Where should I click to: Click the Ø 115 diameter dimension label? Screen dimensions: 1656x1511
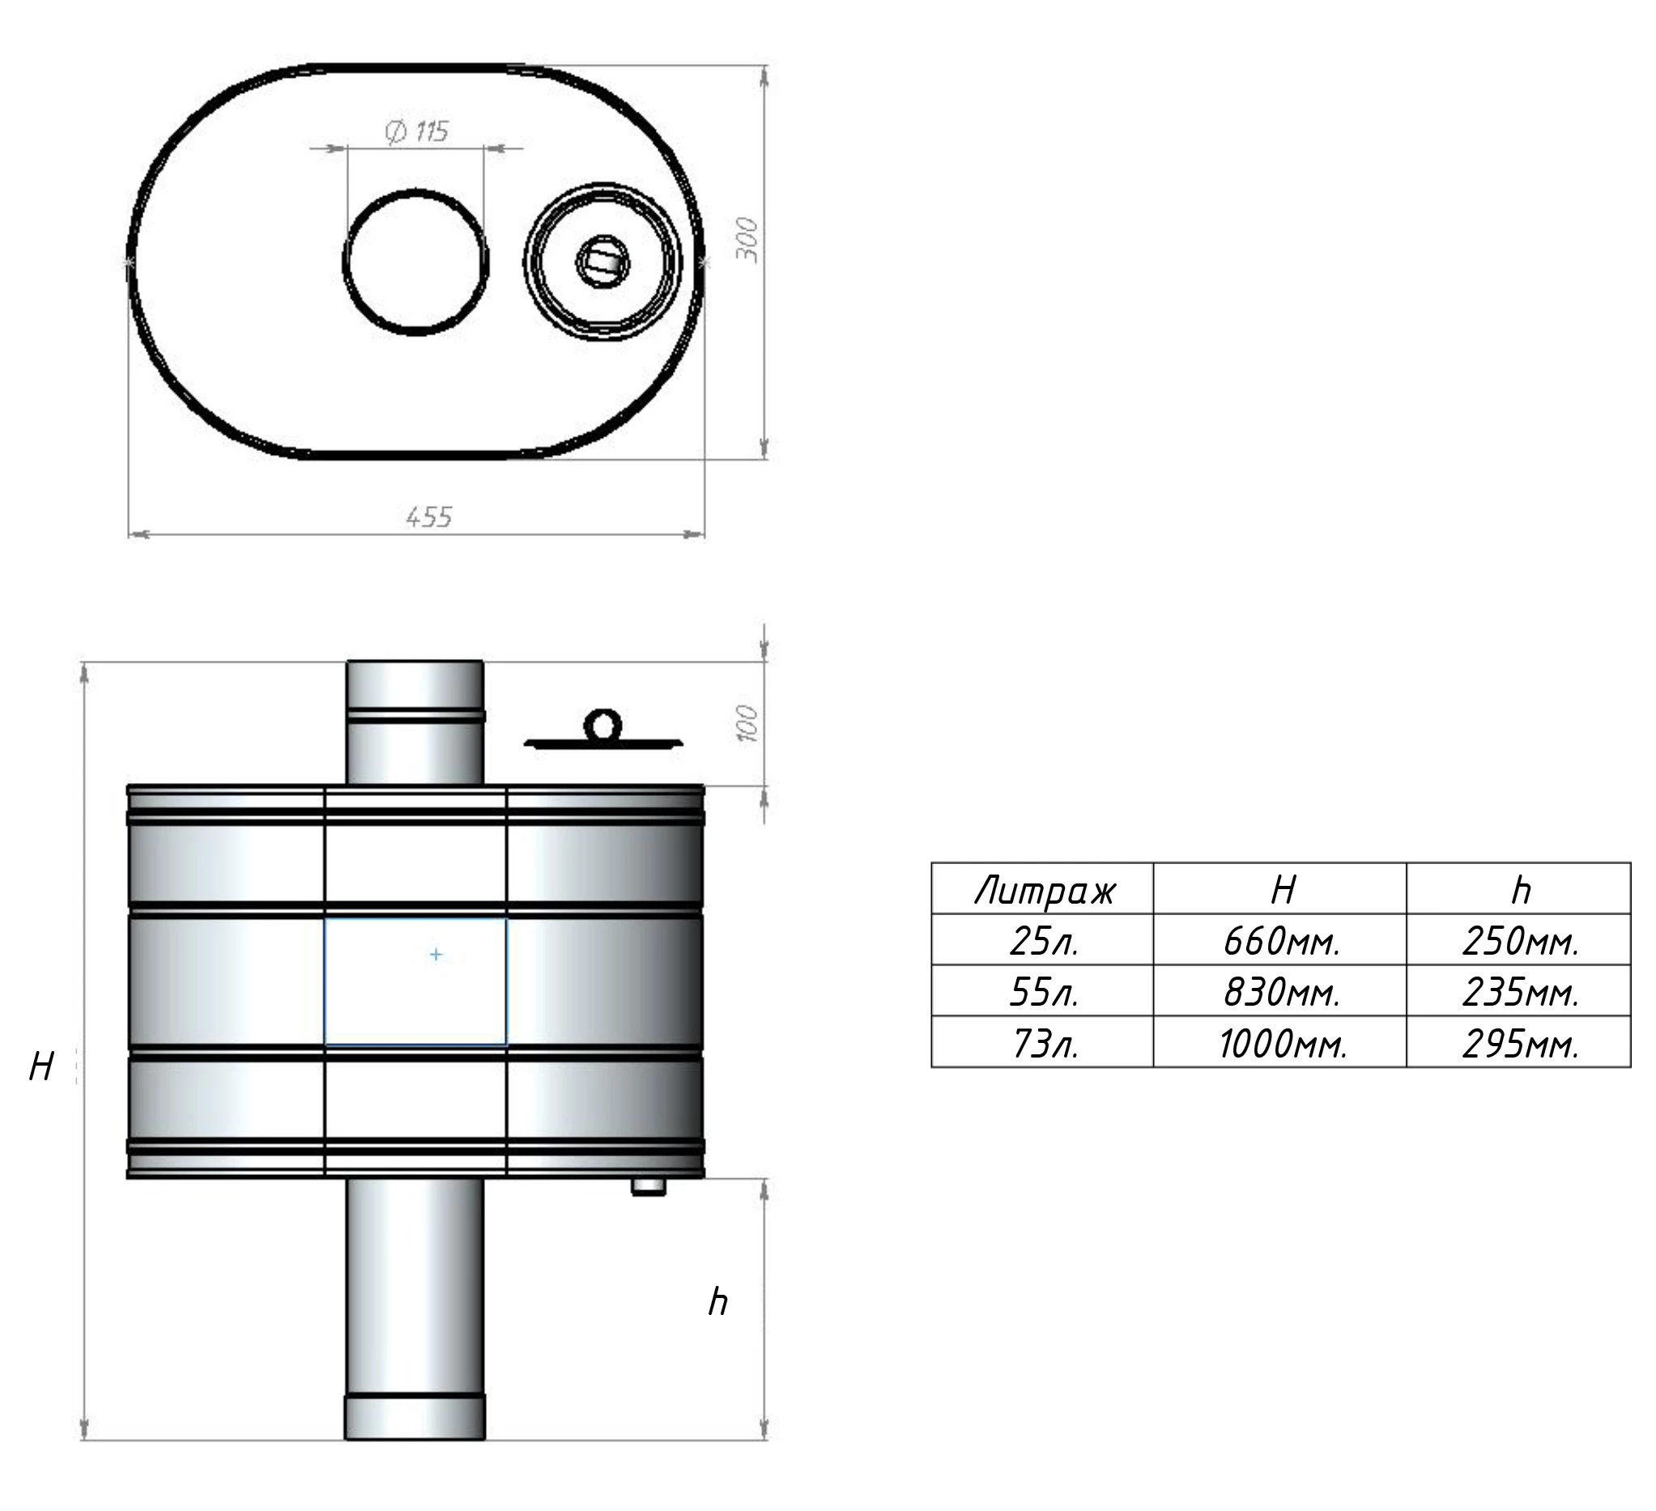point(416,131)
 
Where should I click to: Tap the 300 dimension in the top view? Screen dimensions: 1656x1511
point(746,240)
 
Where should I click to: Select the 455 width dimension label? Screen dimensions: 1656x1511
point(429,517)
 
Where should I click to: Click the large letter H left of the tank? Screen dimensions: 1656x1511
point(41,1066)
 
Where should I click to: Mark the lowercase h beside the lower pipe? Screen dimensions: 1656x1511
point(718,1301)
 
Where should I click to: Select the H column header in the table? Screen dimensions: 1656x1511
point(1283,889)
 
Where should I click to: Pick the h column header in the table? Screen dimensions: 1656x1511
point(1522,890)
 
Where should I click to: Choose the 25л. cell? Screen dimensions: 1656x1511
point(1044,941)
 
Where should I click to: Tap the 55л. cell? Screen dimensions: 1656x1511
point(1044,992)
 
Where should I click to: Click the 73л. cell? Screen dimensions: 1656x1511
point(1044,1044)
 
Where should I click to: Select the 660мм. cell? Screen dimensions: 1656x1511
point(1281,941)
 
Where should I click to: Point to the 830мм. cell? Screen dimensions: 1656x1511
point(1281,992)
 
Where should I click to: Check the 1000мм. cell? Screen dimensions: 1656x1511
point(1283,1044)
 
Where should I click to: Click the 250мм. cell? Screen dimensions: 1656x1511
point(1522,941)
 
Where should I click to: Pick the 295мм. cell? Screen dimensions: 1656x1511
point(1522,1044)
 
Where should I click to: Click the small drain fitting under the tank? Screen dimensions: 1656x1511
point(648,1185)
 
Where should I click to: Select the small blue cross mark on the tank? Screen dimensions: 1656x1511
point(436,954)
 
